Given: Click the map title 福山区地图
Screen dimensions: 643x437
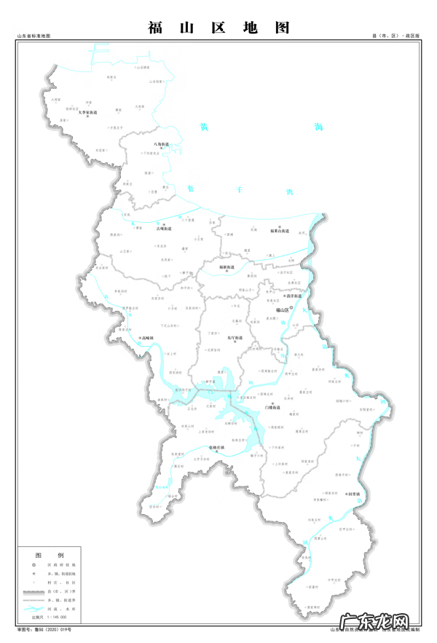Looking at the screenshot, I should (x=219, y=28).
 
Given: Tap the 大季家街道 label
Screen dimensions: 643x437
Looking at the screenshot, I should (x=88, y=114).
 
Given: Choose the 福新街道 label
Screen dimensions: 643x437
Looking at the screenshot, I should (x=227, y=267).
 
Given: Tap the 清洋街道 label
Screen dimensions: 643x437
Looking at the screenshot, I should (x=294, y=296).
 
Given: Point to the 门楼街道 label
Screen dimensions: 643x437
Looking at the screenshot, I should (x=274, y=407).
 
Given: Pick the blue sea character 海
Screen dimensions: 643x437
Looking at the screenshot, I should (x=318, y=127).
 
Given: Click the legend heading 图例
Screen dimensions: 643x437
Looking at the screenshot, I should (x=44, y=555).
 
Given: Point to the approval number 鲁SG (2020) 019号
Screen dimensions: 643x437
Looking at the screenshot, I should (x=51, y=628).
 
